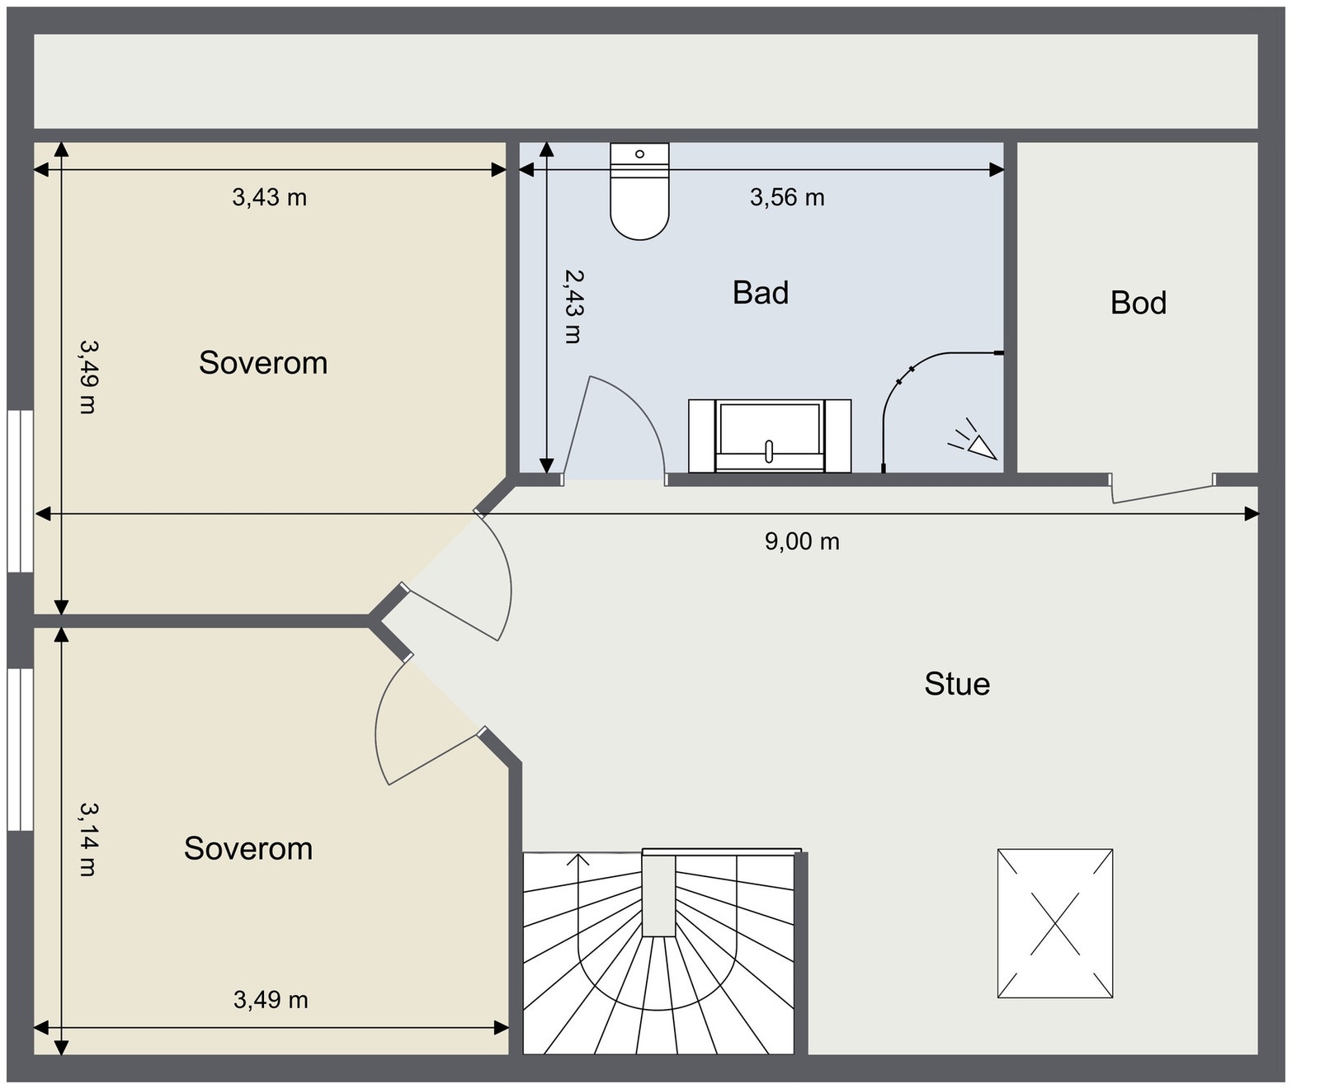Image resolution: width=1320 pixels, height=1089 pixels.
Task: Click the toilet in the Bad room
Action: pos(639,191)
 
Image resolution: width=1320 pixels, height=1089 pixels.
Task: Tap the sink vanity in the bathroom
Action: pos(769,436)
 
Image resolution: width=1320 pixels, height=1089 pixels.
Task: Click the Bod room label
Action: pos(1138,303)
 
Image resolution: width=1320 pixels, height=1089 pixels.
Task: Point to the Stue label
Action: pos(957,684)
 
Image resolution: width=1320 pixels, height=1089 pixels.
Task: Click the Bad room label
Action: pos(761,293)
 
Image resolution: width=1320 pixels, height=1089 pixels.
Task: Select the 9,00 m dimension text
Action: pos(802,541)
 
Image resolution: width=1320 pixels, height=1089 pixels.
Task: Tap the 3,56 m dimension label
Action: pos(787,197)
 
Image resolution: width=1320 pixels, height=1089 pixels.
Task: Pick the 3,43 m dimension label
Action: pos(269,197)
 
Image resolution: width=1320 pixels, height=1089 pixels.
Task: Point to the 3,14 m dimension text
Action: pos(88,839)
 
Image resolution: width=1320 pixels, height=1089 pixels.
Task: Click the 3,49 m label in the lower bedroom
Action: pos(271,1000)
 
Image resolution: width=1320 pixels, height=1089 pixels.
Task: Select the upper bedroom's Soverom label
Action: pos(263,363)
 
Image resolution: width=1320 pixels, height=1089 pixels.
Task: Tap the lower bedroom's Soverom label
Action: pos(248,849)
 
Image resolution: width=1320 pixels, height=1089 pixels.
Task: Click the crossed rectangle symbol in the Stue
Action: pos(1055,923)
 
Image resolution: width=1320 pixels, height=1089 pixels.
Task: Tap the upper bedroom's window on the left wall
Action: pos(20,492)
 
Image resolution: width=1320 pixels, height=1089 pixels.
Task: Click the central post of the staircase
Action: pos(659,896)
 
